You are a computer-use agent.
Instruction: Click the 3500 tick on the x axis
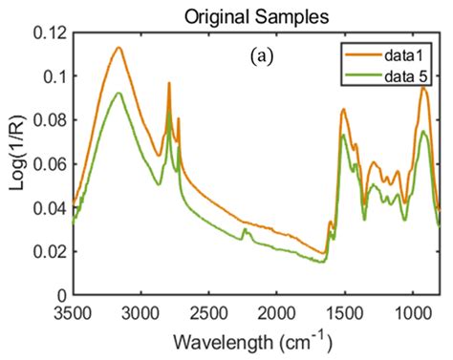[x=74, y=312]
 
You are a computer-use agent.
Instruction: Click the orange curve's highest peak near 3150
[x=119, y=48]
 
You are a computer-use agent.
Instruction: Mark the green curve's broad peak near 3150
[x=119, y=93]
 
